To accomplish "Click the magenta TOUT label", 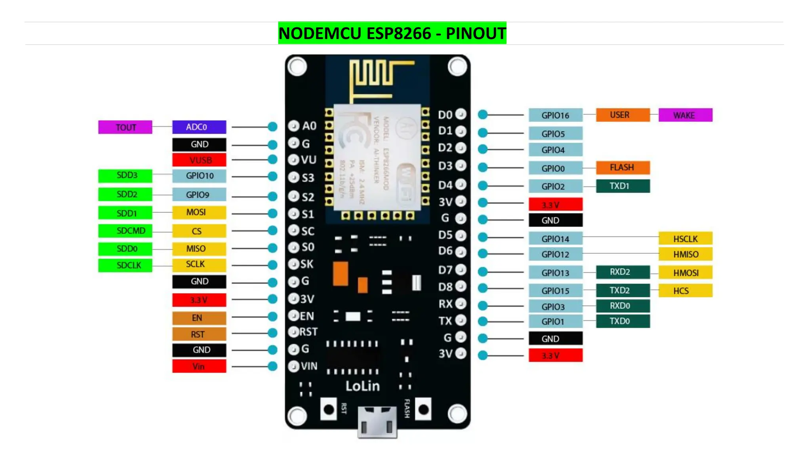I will point(125,127).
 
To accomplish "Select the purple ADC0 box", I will point(199,127).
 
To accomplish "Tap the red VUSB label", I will point(199,160).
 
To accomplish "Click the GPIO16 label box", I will point(555,115).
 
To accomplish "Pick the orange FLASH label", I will point(623,167).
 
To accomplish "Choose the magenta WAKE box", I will point(685,115).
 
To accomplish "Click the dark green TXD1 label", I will point(623,186).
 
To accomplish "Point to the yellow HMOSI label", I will point(685,273).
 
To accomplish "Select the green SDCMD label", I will point(125,231).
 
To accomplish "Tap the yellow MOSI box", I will point(199,213).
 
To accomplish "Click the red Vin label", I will point(199,367).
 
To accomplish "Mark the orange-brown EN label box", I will point(199,318).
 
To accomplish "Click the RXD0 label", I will point(623,306).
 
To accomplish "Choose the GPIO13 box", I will point(555,273).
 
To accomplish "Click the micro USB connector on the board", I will point(377,422).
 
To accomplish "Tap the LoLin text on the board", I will point(362,386).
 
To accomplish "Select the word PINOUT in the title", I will point(476,33).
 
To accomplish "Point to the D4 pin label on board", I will point(445,185).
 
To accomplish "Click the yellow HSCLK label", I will point(685,239).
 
